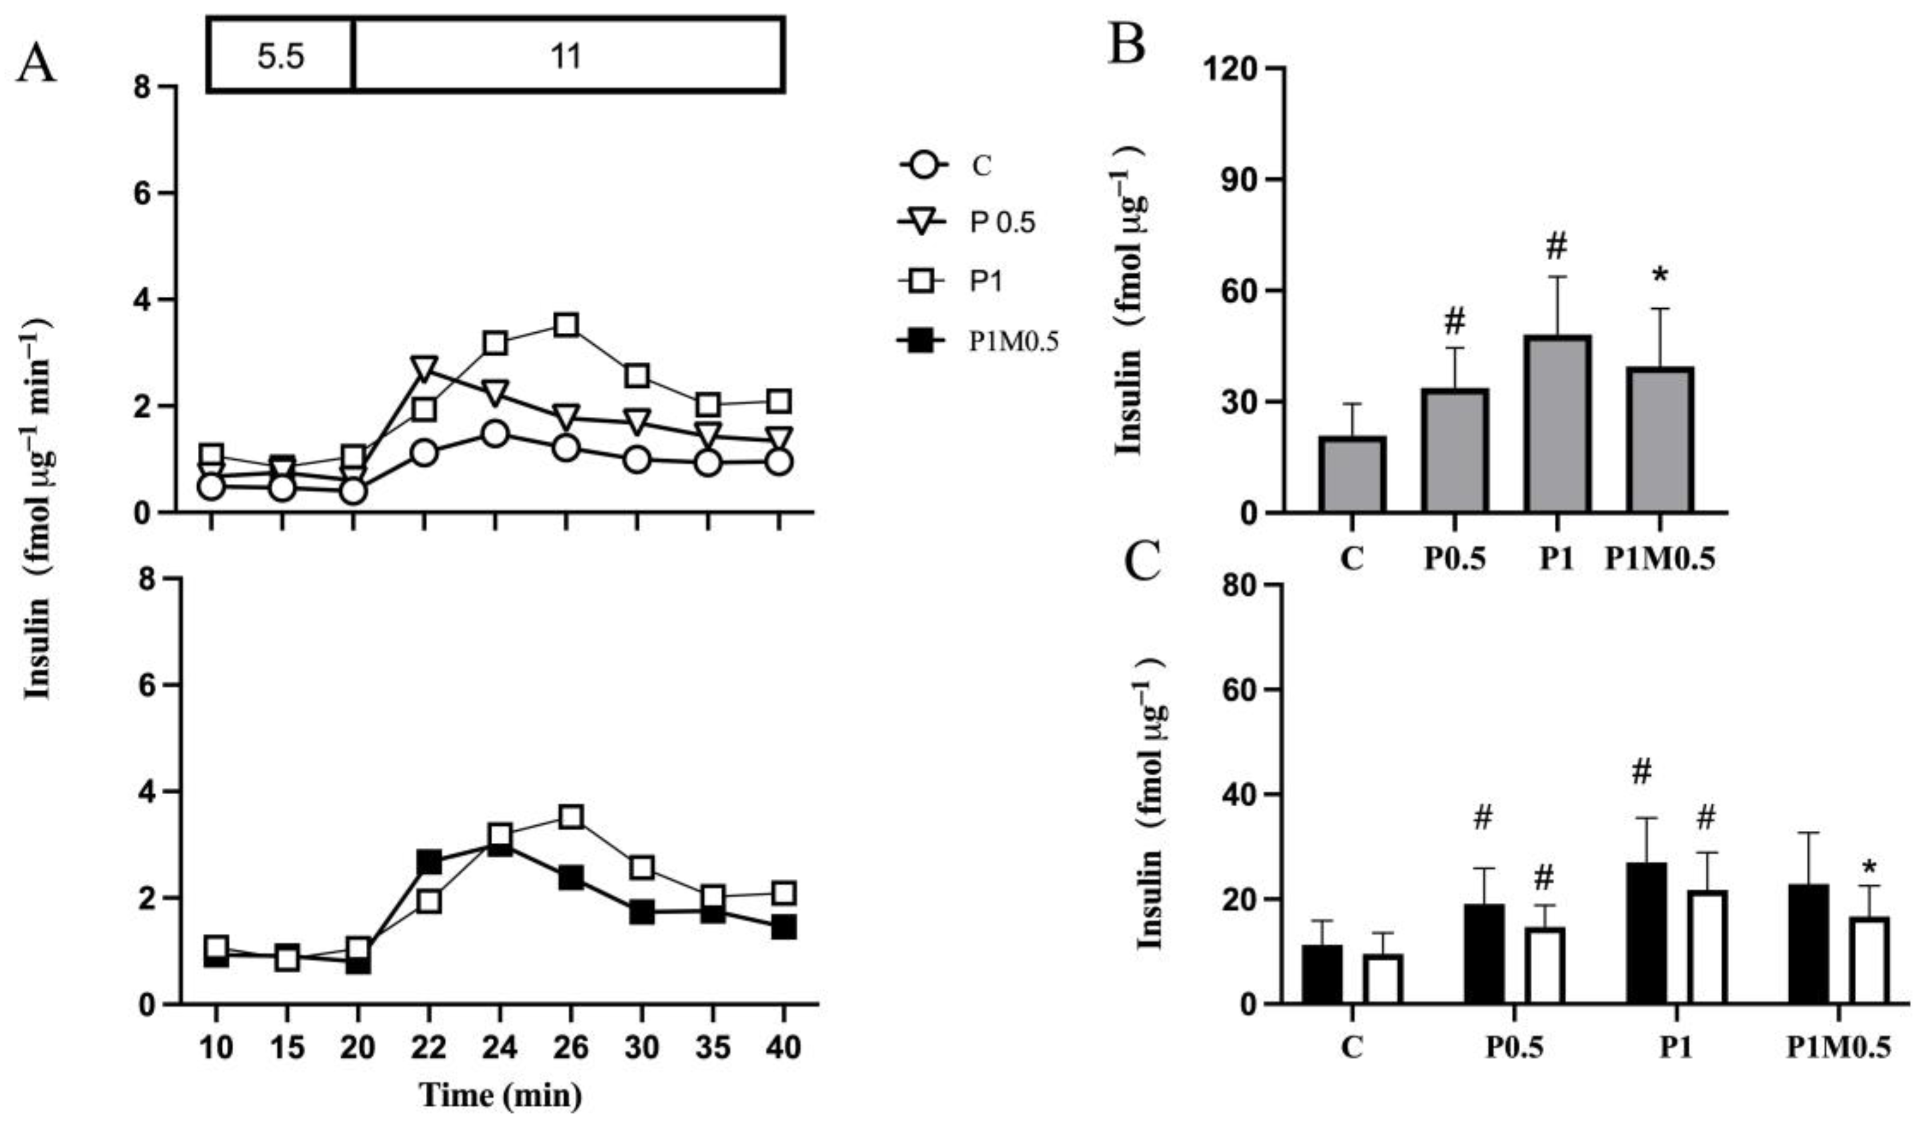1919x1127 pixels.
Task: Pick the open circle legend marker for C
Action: [923, 165]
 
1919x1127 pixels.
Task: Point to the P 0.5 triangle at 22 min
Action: [424, 367]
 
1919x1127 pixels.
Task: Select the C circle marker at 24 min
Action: [495, 434]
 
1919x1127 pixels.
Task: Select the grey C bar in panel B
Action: [1353, 473]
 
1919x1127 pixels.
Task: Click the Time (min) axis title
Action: [500, 1096]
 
